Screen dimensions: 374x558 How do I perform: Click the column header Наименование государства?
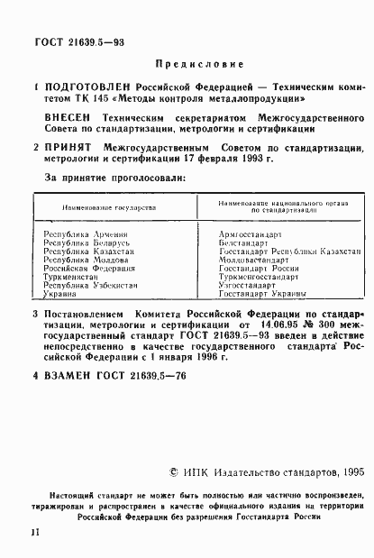pyautogui.click(x=108, y=207)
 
